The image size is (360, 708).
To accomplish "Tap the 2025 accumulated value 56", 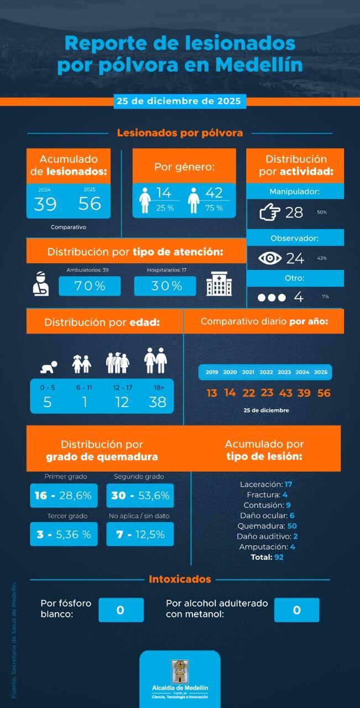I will click(x=90, y=204).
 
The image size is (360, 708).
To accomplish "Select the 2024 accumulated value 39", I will click(x=45, y=204).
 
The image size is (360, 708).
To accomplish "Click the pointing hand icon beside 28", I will click(x=270, y=212).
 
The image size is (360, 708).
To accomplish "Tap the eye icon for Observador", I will click(x=270, y=258).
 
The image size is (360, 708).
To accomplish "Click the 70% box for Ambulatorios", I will click(x=90, y=286).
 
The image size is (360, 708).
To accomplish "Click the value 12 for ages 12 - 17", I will click(x=122, y=402).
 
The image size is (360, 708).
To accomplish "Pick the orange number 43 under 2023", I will click(x=285, y=393).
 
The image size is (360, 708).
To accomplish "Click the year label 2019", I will click(x=212, y=372).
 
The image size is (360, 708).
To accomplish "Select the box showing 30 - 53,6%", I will click(x=140, y=496).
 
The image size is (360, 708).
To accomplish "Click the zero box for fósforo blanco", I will click(x=121, y=610).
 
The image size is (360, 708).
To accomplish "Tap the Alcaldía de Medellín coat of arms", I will click(x=180, y=671).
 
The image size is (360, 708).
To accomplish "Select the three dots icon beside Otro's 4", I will click(x=272, y=298).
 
